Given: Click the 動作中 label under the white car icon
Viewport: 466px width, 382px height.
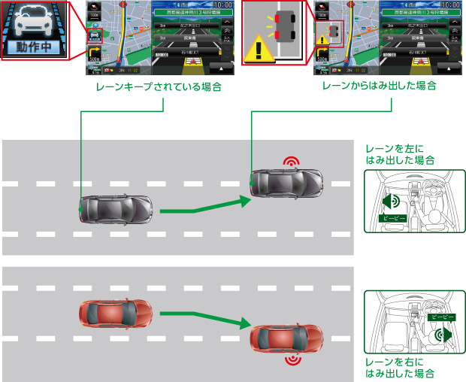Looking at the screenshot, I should pos(35,47).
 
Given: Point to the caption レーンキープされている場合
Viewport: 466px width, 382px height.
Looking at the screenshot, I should pos(159,86).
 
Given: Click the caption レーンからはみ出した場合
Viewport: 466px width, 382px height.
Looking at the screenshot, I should pos(379,86).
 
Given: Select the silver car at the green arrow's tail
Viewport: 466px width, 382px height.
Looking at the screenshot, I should pos(116,208).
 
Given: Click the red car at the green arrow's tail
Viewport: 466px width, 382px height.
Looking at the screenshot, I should pos(115,313).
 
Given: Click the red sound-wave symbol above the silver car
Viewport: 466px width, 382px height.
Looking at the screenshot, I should pos(289,161).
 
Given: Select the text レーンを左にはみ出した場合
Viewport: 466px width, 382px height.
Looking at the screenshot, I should pos(399,155).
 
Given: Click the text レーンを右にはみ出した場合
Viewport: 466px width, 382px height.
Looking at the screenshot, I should pos(399,367).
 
